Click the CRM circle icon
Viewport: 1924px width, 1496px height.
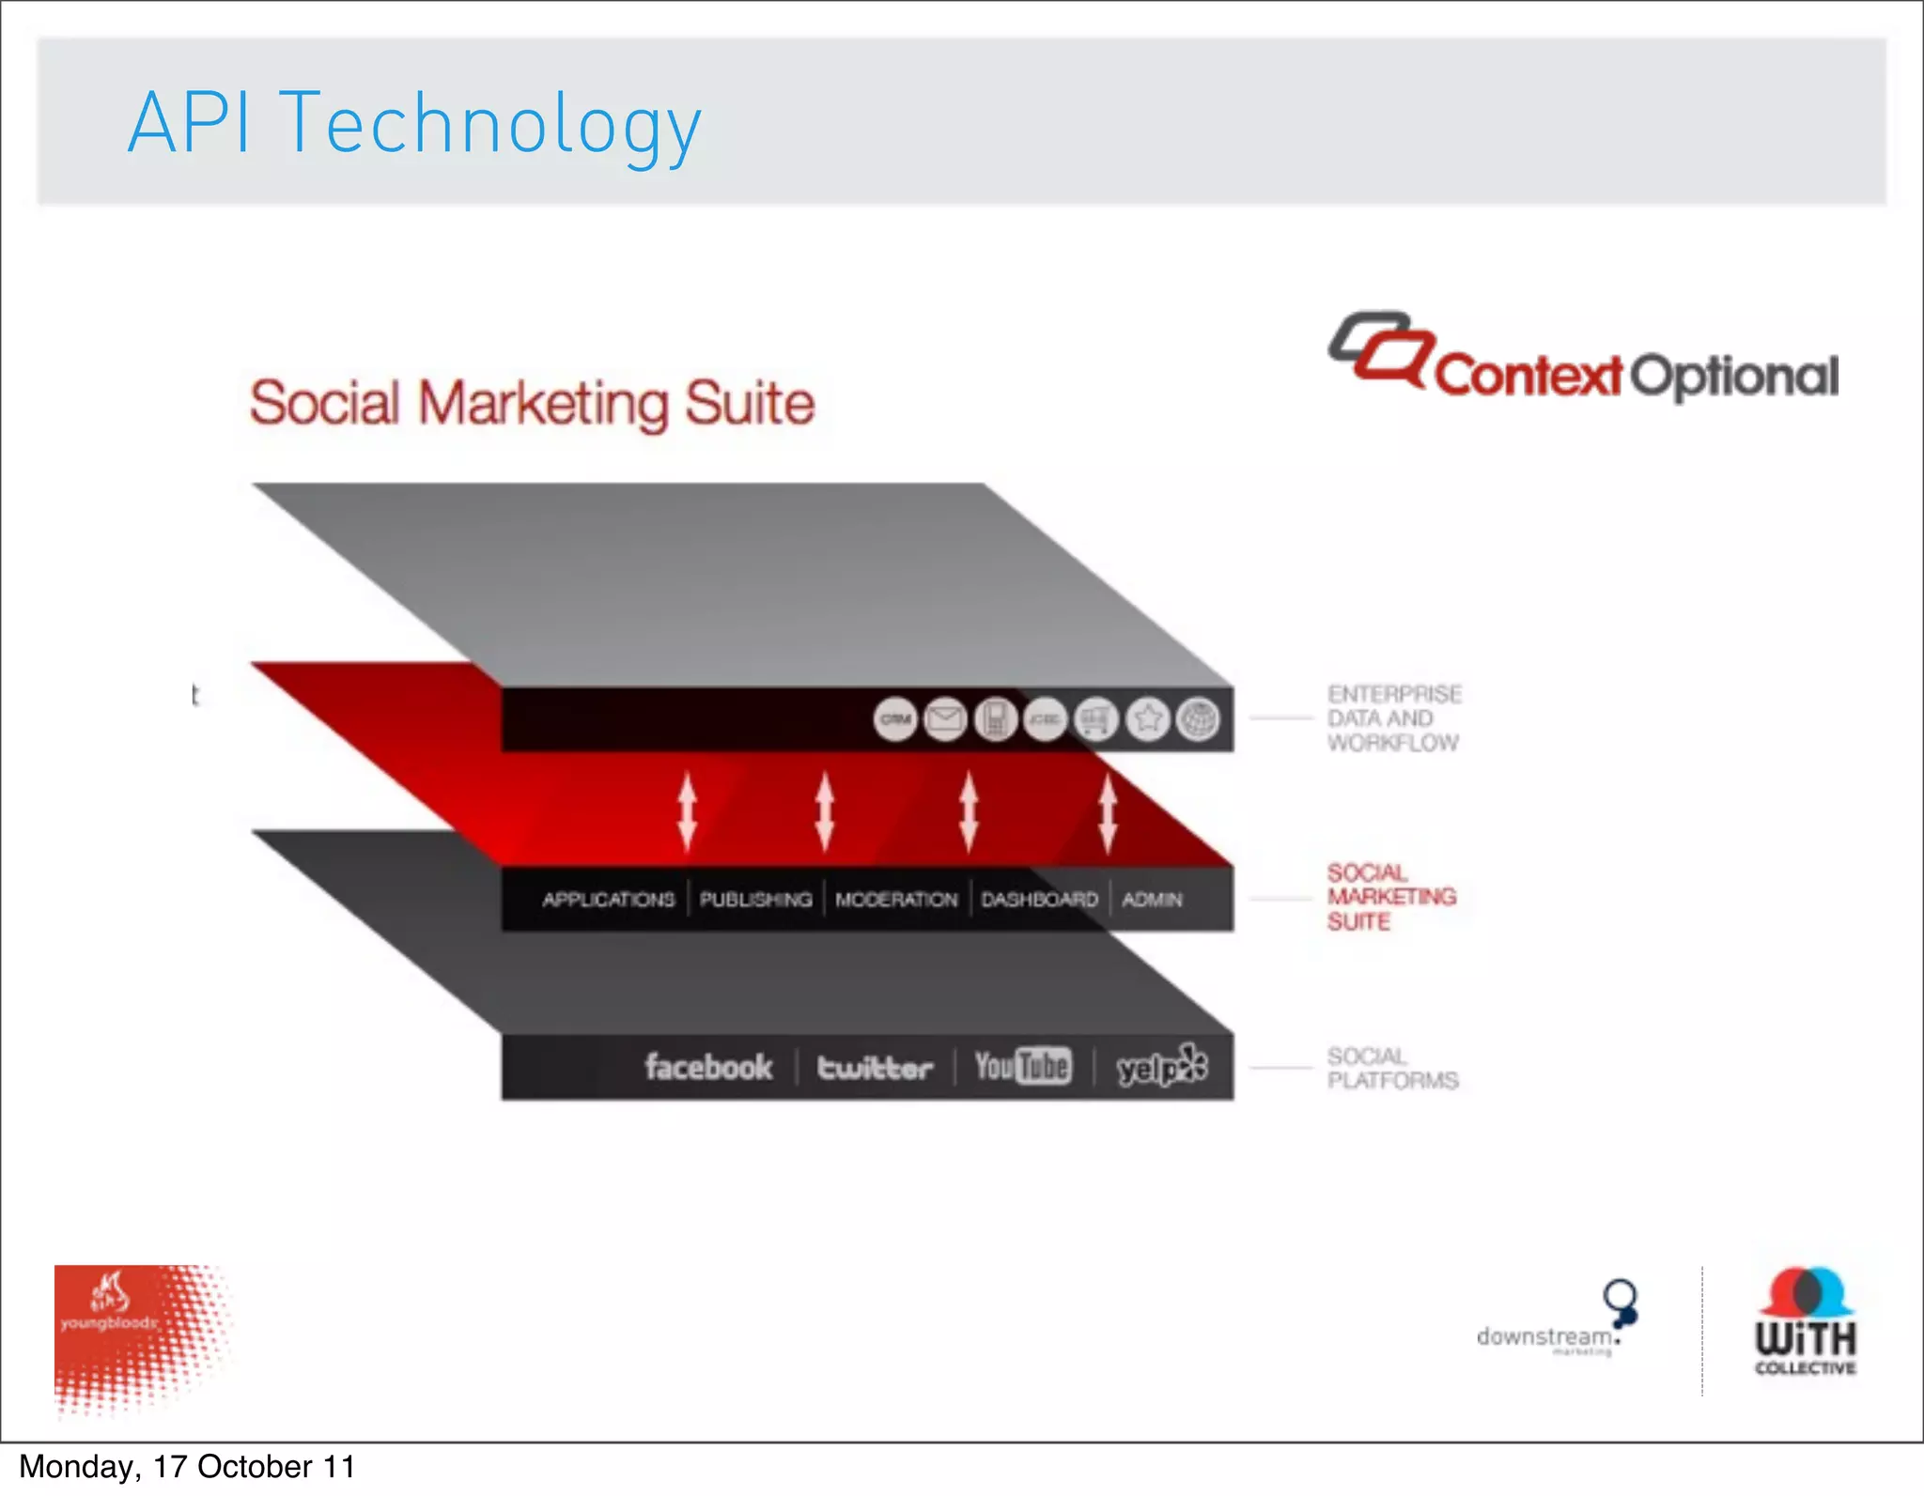(895, 719)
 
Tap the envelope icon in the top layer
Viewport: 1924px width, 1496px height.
(945, 719)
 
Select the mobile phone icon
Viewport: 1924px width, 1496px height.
(996, 719)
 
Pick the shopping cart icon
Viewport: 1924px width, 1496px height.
(1096, 719)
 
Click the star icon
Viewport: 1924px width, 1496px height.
(1147, 719)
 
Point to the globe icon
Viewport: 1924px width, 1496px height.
(1198, 719)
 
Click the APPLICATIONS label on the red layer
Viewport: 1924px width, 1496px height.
(608, 900)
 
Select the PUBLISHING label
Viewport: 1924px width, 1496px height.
(755, 900)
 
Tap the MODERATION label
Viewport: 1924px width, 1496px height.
(896, 900)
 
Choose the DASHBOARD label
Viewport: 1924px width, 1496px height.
(1039, 900)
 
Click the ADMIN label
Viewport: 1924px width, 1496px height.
(1152, 900)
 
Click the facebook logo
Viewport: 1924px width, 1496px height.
(708, 1067)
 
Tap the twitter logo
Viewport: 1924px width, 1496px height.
(875, 1068)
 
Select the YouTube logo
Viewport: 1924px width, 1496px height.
(1022, 1066)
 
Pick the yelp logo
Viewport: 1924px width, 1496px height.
(1161, 1067)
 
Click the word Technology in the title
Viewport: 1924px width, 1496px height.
(489, 125)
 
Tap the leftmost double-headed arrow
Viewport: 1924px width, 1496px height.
(688, 810)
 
